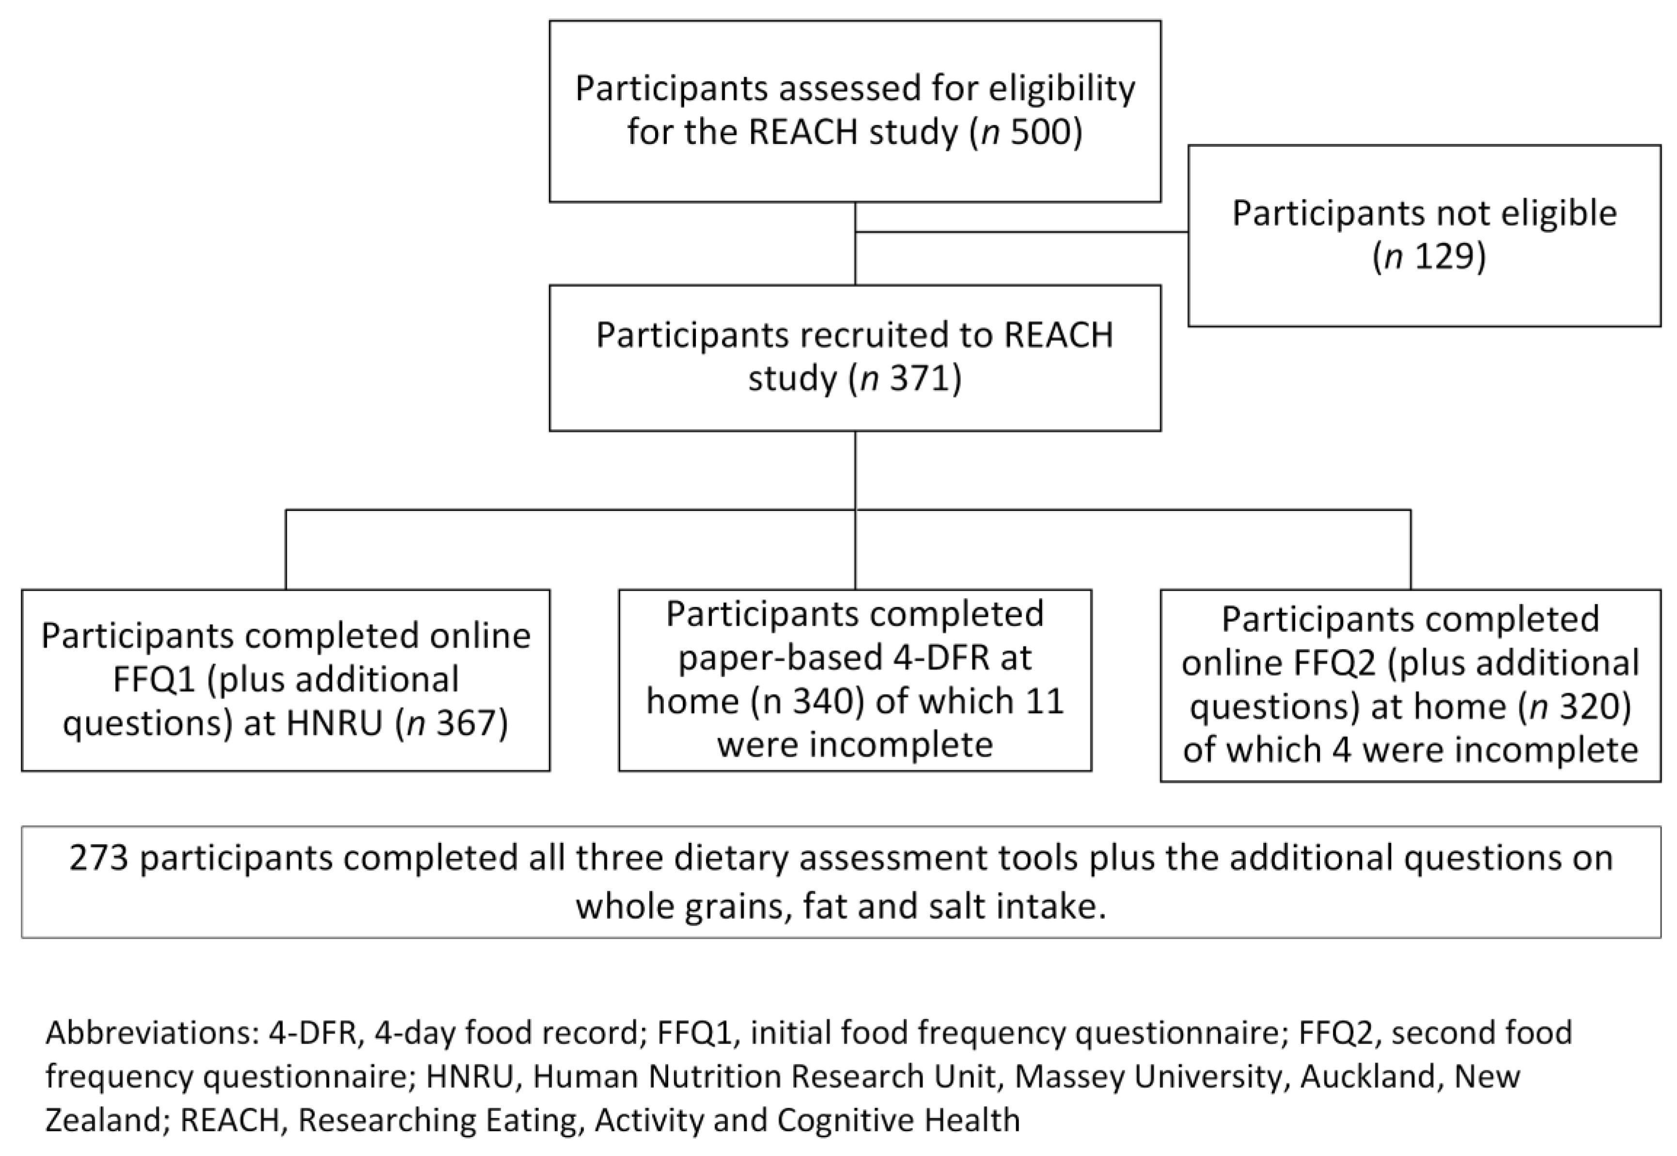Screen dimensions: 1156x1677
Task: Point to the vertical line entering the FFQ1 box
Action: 286,551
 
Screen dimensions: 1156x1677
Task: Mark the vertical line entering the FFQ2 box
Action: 1410,551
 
